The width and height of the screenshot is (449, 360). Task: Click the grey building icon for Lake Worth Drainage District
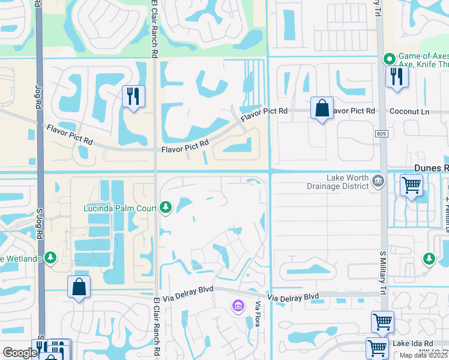pyautogui.click(x=378, y=181)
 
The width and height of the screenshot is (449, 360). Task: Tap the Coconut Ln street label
pyautogui.click(x=409, y=112)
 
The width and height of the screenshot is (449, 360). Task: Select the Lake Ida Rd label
pyautogui.click(x=411, y=343)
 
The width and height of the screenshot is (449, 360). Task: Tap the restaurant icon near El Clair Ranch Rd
pyautogui.click(x=133, y=96)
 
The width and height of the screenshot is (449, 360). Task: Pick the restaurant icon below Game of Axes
pyautogui.click(x=397, y=76)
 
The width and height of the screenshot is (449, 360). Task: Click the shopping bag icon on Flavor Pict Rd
pyautogui.click(x=322, y=109)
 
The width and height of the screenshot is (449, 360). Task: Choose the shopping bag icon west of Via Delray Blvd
pyautogui.click(x=79, y=287)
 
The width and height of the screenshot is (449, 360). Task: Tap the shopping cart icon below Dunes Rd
pyautogui.click(x=411, y=184)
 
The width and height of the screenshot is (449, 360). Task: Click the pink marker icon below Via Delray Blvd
pyautogui.click(x=238, y=307)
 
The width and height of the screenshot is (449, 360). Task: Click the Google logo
pyautogui.click(x=20, y=353)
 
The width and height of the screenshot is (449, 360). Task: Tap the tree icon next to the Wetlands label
pyautogui.click(x=51, y=258)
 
